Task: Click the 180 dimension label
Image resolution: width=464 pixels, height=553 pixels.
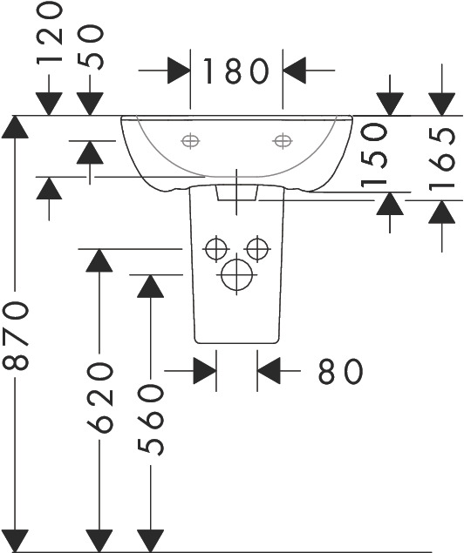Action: [235, 71]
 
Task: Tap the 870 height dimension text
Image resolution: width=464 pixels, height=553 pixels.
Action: [15, 335]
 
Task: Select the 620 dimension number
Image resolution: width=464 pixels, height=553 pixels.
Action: [100, 397]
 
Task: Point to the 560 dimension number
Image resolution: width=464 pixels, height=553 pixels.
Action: [150, 421]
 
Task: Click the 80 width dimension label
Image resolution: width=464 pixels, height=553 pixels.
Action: [341, 371]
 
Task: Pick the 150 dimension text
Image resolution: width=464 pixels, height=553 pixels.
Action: [374, 154]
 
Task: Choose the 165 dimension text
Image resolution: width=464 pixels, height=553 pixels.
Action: [441, 158]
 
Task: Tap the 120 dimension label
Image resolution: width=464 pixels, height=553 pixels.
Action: [49, 34]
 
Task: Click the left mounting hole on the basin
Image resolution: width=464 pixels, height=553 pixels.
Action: [190, 141]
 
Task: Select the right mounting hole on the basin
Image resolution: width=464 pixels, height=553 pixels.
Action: [283, 141]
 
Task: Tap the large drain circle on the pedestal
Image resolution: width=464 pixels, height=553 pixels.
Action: [236, 274]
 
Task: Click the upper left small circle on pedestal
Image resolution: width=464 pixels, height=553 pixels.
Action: [216, 249]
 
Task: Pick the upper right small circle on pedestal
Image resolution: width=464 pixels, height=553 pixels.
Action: [257, 249]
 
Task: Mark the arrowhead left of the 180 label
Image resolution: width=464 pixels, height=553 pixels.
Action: [179, 71]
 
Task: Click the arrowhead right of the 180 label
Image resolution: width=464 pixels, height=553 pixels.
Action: [294, 71]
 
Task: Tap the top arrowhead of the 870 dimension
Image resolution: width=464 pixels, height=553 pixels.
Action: [15, 127]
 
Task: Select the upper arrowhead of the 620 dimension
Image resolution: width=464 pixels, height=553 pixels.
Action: [99, 260]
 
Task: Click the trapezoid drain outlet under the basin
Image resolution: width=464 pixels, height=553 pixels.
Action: [236, 192]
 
